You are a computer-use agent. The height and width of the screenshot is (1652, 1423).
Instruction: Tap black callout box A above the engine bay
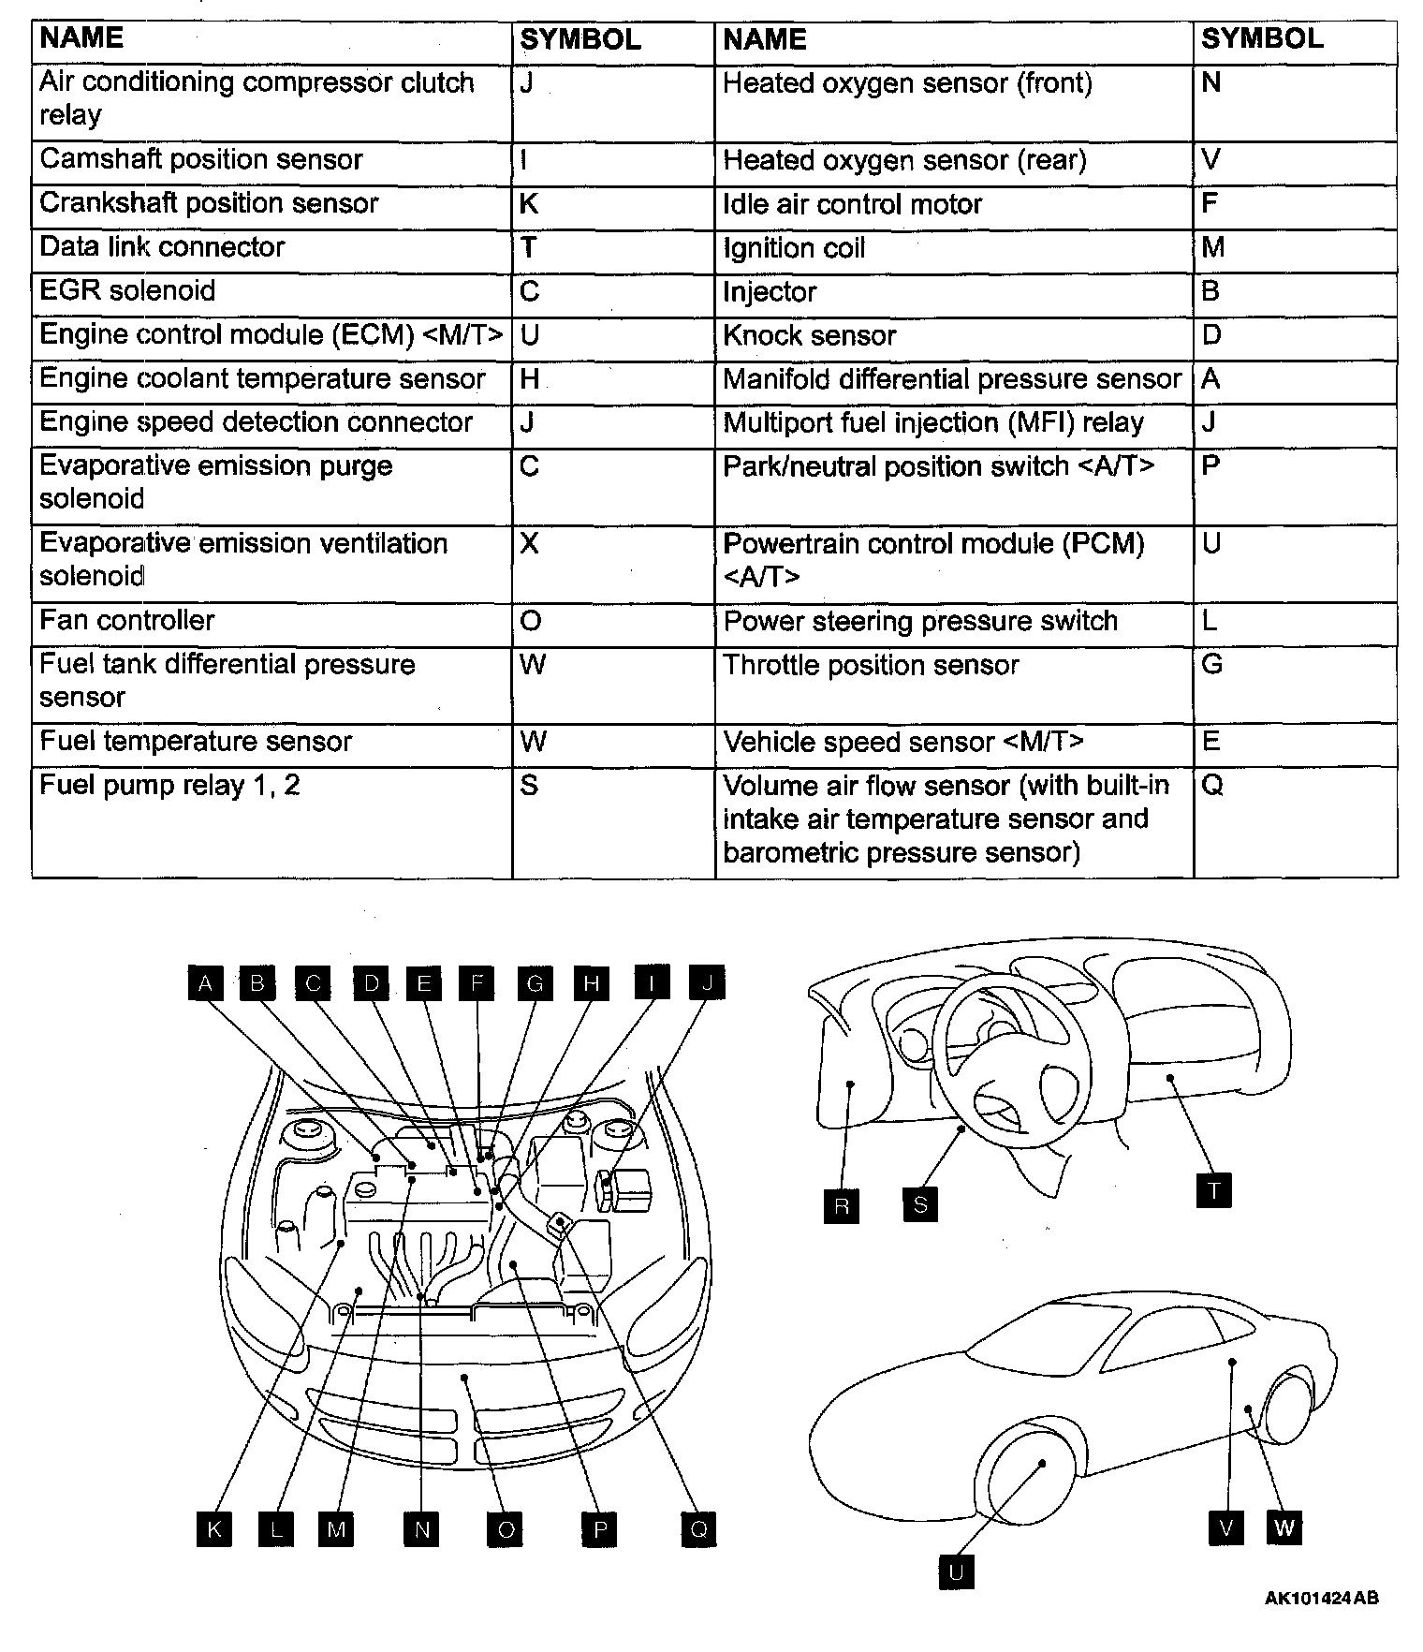(206, 983)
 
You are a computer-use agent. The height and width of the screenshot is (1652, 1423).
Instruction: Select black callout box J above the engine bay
(708, 983)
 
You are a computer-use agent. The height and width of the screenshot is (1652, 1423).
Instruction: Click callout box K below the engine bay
(214, 1530)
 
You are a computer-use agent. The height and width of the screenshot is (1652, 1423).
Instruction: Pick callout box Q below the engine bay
(698, 1530)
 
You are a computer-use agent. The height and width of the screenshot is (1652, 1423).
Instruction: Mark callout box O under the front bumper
(506, 1530)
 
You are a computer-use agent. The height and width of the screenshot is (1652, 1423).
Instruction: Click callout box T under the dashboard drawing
(1214, 1191)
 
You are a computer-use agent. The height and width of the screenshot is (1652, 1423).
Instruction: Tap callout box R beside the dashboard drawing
(842, 1205)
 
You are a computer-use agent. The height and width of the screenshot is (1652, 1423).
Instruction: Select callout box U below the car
(956, 1572)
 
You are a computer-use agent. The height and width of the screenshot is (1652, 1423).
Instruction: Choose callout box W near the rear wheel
(1284, 1528)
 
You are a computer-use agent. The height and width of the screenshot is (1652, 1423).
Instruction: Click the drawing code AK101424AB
(1321, 1599)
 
